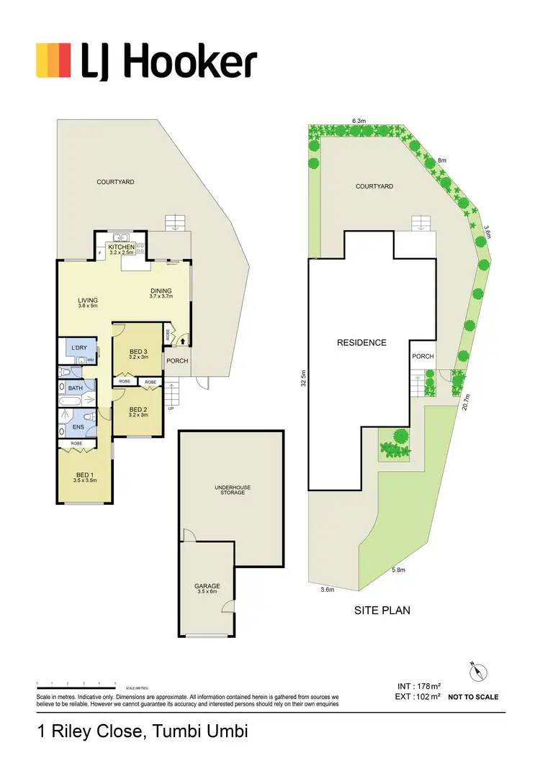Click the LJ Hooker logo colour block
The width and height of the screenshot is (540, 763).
(53, 60)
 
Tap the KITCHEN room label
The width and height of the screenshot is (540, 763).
(121, 247)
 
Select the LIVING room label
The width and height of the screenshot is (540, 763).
(88, 301)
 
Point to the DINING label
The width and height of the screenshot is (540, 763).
(161, 291)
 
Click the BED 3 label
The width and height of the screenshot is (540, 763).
(138, 351)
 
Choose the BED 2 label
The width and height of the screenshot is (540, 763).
(138, 409)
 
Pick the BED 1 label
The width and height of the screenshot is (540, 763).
(86, 474)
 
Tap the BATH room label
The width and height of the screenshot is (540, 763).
(75, 388)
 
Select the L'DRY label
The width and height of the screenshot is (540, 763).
(78, 348)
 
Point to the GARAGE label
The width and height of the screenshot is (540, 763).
(207, 586)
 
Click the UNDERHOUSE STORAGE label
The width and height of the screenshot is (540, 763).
(233, 490)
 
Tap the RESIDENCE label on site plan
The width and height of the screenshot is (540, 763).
(361, 343)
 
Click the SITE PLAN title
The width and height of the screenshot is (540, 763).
(382, 611)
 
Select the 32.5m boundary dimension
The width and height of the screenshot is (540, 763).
(304, 378)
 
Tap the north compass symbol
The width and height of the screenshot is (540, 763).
(477, 672)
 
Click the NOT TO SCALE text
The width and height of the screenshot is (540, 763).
(473, 697)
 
